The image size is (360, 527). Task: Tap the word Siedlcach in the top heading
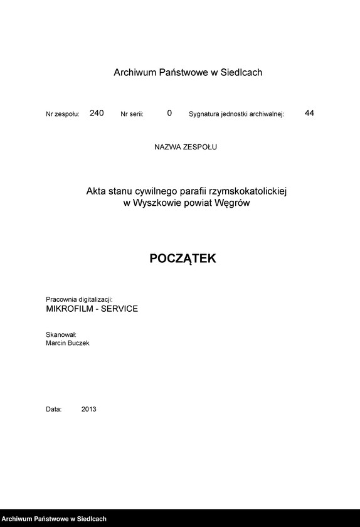(x=241, y=73)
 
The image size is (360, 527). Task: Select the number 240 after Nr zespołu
(x=97, y=113)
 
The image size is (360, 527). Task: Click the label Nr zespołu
(x=63, y=115)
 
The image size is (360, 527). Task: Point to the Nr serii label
(x=132, y=115)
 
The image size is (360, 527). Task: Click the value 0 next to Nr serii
(x=169, y=113)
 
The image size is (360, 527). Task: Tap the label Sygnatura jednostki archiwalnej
(x=236, y=115)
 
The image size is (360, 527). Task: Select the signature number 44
(x=309, y=113)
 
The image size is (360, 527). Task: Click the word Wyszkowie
(x=157, y=203)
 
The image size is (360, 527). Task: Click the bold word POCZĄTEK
(x=183, y=258)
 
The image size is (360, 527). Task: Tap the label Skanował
(x=61, y=334)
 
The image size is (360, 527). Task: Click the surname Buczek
(x=78, y=343)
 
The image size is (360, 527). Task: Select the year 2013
(x=88, y=409)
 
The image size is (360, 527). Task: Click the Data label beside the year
(x=54, y=409)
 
